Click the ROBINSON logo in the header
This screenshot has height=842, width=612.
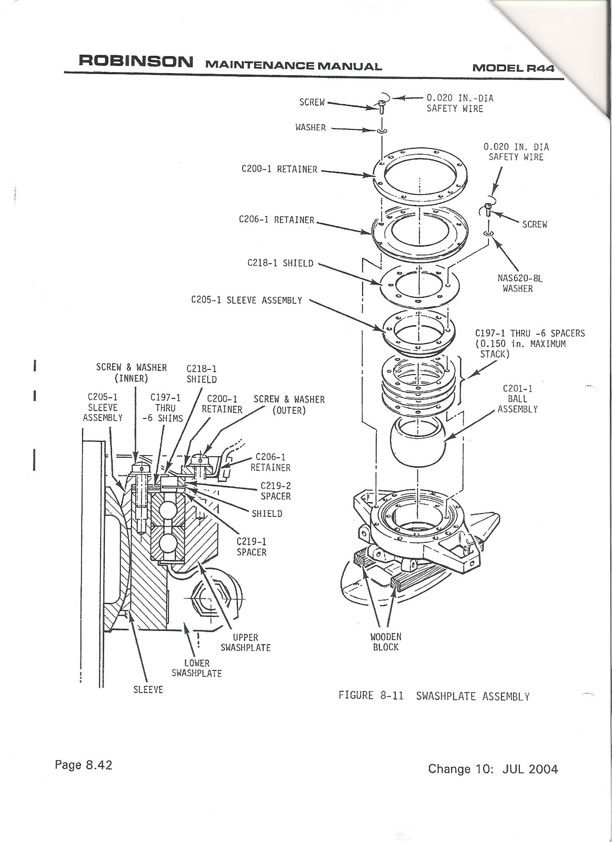tap(136, 61)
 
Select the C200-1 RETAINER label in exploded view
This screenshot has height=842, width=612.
tap(279, 169)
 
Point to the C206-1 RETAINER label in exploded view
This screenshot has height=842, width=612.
tap(277, 220)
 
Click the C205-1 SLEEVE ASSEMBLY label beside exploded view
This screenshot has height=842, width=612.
tap(246, 300)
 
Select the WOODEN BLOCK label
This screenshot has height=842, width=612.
tap(386, 642)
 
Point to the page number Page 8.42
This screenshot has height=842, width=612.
tap(84, 765)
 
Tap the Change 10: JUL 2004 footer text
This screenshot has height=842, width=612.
tap(493, 769)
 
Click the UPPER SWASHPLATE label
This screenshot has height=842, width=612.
tap(245, 643)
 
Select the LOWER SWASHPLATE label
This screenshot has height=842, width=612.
tap(196, 668)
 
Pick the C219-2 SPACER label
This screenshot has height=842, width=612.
tap(275, 491)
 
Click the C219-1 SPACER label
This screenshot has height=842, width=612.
tap(252, 547)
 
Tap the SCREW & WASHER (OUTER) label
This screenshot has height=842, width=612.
tap(289, 405)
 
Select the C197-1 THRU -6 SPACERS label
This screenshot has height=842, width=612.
tap(529, 344)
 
